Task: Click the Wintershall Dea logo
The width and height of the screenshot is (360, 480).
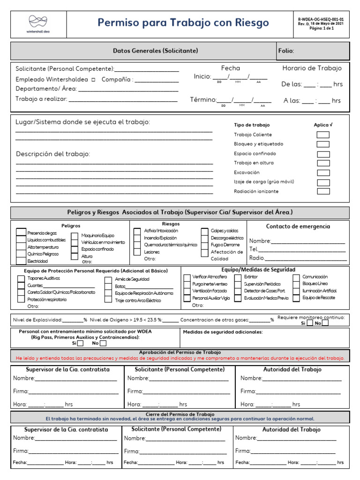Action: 38,23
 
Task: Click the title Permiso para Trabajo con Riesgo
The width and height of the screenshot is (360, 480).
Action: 183,22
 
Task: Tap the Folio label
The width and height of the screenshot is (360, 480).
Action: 286,51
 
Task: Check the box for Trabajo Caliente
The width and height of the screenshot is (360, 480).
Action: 323,135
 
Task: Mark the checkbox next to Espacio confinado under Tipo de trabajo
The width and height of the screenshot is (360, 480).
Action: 323,154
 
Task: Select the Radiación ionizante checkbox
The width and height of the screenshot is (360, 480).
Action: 323,191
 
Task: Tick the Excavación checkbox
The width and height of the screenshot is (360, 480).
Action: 323,172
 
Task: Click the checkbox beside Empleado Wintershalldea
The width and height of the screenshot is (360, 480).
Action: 93,80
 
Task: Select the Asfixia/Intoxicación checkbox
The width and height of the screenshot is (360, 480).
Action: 137,231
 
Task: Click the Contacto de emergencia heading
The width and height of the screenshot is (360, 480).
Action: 298,226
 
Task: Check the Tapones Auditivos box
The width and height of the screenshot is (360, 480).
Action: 21,278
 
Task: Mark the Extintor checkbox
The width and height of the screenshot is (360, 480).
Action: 238,277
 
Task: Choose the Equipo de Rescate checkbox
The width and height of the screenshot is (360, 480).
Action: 296,298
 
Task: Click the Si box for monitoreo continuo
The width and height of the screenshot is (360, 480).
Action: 309,323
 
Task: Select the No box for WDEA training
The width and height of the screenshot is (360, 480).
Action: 103,343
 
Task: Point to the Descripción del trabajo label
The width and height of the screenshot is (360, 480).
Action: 53,154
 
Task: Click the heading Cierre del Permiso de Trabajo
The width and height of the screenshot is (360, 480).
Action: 180,414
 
